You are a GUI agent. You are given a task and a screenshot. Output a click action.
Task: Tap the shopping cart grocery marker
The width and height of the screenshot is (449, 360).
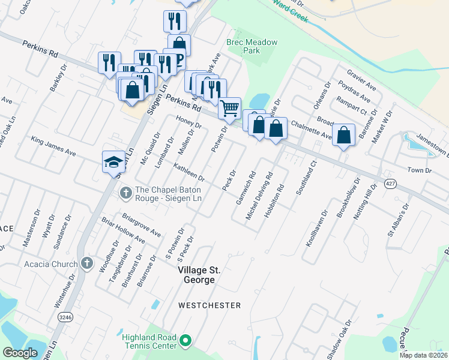[230, 109]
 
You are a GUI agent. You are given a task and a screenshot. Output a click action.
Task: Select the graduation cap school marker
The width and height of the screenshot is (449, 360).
[113, 162]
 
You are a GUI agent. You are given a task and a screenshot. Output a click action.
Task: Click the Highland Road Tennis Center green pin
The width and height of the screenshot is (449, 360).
[185, 341]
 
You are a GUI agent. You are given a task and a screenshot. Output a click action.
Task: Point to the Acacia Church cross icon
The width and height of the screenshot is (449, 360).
[87, 263]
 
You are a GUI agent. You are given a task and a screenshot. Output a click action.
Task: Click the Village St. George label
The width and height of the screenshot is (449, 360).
[196, 275]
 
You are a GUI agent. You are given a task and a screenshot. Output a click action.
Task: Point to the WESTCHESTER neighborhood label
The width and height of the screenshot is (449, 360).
[209, 305]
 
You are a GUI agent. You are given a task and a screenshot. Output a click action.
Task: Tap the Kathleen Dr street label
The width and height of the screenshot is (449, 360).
[189, 172]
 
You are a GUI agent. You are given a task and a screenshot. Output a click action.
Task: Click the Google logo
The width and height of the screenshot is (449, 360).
[20, 353]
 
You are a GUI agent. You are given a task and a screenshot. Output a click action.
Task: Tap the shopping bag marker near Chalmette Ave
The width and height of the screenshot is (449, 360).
[344, 134]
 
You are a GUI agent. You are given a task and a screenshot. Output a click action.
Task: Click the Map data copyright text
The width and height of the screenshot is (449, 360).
[423, 355]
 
